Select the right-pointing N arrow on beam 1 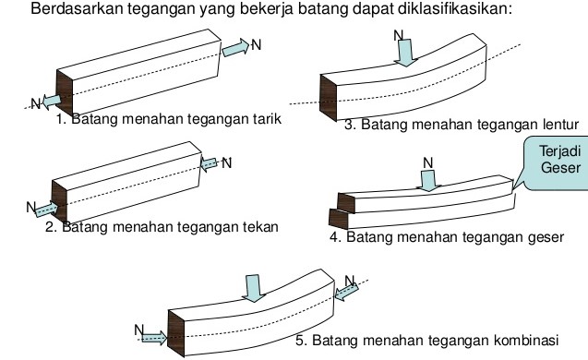tap(235, 46)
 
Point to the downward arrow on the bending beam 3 tap(404, 54)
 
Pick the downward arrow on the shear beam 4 tap(428, 179)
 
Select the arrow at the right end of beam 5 tap(345, 292)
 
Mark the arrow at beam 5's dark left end tap(150, 338)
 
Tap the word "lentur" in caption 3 tap(558, 124)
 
